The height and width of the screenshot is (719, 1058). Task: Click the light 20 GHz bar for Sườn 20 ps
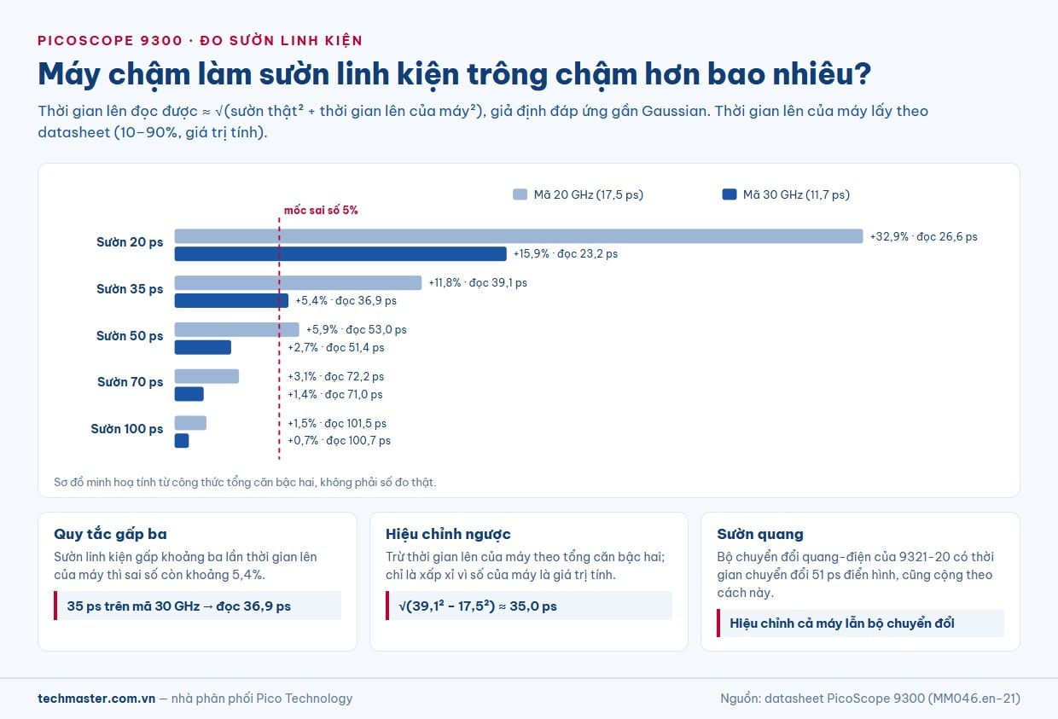click(519, 236)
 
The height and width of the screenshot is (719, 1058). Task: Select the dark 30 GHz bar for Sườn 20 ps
click(340, 254)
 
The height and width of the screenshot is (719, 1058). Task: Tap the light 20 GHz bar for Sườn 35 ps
click(298, 283)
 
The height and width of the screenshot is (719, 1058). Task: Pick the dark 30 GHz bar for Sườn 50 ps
click(202, 347)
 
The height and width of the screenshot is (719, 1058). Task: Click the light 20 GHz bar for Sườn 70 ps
click(206, 376)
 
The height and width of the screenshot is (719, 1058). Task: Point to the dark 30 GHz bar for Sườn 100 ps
click(182, 440)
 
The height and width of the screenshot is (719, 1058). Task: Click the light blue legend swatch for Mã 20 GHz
click(520, 194)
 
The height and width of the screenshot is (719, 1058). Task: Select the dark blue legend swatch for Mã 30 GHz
click(730, 194)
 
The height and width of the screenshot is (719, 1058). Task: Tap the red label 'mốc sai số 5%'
click(321, 210)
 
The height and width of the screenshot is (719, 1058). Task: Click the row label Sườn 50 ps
click(130, 336)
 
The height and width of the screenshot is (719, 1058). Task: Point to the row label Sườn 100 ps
click(127, 429)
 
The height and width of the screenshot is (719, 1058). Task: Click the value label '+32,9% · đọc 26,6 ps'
click(923, 236)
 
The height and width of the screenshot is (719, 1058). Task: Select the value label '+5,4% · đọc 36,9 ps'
click(346, 301)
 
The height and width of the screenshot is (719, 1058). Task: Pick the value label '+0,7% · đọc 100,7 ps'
click(339, 440)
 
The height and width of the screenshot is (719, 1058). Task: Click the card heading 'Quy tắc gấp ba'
click(110, 534)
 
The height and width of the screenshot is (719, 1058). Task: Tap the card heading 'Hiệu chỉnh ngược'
click(448, 534)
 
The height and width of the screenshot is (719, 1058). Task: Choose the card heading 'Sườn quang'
click(760, 534)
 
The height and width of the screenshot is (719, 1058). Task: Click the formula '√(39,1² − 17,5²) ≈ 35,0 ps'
click(478, 606)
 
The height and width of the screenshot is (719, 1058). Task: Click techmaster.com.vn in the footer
click(96, 699)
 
